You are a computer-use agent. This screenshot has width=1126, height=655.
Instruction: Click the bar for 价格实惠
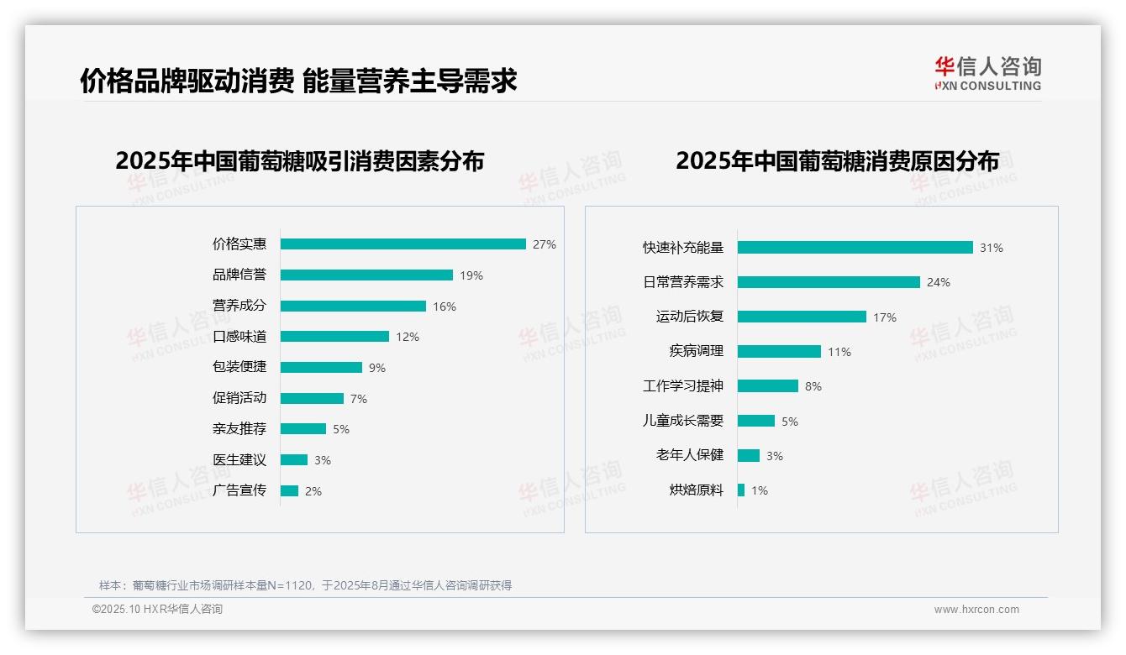(403, 244)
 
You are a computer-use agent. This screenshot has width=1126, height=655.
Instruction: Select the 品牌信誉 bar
(366, 275)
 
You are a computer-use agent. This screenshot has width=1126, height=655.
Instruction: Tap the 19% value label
(471, 275)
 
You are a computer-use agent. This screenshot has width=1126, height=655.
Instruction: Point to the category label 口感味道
(239, 337)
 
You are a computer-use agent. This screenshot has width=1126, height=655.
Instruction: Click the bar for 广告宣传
(289, 491)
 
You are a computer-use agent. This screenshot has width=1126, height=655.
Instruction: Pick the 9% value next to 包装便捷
(377, 368)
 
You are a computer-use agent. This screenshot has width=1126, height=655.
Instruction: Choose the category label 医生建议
(239, 460)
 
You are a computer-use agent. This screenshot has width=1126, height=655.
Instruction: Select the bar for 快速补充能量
(855, 248)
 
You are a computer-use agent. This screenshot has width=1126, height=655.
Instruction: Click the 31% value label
(992, 248)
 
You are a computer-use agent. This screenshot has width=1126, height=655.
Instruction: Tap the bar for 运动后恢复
(802, 317)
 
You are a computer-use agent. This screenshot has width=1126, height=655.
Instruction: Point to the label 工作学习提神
(683, 386)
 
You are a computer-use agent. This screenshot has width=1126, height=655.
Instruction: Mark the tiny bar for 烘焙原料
(741, 490)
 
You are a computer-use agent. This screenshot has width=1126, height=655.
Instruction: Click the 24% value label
(939, 283)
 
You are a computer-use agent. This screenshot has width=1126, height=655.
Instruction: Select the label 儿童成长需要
(683, 421)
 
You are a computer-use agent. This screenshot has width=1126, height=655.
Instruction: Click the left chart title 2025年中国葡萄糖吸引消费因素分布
(300, 161)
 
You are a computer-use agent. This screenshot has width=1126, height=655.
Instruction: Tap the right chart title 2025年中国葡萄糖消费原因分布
(837, 161)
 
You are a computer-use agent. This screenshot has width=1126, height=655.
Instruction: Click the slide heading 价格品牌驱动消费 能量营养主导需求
(298, 81)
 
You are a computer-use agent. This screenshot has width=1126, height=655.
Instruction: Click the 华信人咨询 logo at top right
(987, 73)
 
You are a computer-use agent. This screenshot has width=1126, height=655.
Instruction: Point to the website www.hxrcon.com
(976, 610)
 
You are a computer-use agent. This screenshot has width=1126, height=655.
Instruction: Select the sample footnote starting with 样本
(305, 585)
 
